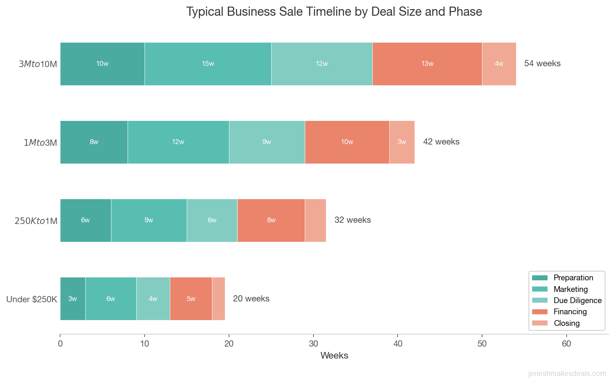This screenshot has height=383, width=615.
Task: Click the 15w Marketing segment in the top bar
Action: pos(208,64)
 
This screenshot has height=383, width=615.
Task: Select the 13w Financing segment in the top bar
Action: pos(427,64)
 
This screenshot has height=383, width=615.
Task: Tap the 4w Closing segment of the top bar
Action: pos(499,64)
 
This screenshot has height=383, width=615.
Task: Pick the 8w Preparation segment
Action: pos(94,142)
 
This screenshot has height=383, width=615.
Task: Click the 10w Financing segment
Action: pos(347,142)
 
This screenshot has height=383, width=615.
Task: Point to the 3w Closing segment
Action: pos(402,142)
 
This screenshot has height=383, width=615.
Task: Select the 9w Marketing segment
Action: pos(149,220)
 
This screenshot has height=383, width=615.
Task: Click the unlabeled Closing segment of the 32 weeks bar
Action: pos(316,220)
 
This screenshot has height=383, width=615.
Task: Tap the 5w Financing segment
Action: pos(191,299)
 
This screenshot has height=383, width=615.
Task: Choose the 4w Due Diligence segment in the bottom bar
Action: pos(153,299)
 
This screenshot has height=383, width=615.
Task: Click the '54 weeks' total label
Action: pos(542,63)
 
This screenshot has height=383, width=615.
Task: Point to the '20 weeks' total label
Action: pos(251,299)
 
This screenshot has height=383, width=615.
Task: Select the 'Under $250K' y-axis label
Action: pos(31,299)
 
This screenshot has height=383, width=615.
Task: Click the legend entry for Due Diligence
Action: pos(577,300)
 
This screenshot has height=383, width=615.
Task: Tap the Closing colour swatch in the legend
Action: pos(540,323)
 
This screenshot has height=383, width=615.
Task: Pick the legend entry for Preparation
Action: pos(573,277)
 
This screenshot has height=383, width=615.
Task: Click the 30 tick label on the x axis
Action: pos(314,344)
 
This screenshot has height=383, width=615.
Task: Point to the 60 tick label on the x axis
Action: pos(566,344)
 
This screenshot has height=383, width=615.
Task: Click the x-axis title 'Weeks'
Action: pos(334,356)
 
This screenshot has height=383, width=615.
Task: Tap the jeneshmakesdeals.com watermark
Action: pos(567,373)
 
